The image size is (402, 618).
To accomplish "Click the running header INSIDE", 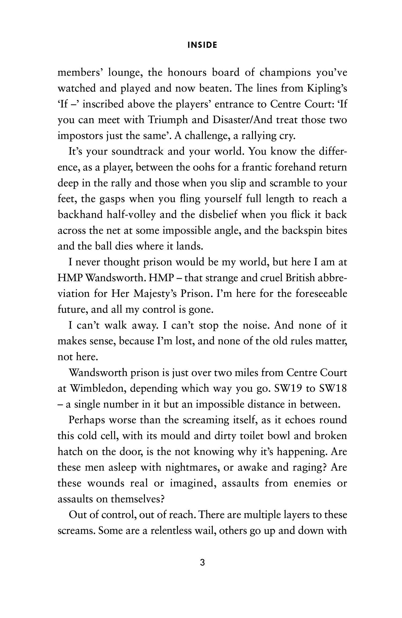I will [x=202, y=46].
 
